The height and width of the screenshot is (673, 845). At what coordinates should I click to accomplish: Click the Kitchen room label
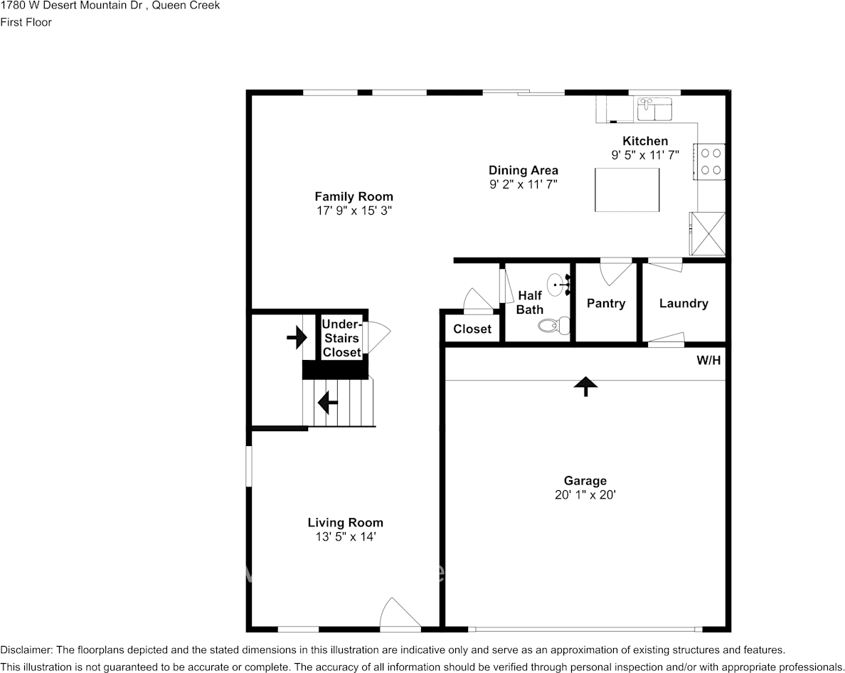point(645,141)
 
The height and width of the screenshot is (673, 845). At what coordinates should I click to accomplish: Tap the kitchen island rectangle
point(627,189)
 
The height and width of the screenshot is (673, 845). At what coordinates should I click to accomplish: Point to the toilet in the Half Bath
point(553,326)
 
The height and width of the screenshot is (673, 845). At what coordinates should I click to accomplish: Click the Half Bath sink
point(558,283)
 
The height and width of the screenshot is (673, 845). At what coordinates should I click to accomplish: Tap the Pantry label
point(605,303)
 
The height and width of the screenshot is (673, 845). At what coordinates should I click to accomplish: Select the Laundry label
point(684,303)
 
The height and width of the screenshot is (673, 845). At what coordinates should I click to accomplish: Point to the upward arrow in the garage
point(585,386)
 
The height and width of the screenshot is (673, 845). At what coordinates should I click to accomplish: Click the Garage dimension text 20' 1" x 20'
point(585,494)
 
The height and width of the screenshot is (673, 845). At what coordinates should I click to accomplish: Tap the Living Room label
point(345,523)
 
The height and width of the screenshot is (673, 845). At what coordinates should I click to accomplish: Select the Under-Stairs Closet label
point(342,338)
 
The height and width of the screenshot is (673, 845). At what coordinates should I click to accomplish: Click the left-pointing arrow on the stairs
point(327,403)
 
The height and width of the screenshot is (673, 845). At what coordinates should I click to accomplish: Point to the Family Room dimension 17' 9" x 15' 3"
point(354,211)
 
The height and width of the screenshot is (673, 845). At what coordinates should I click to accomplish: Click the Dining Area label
point(523,170)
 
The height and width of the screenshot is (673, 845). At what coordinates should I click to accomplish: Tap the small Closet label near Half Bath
point(472,329)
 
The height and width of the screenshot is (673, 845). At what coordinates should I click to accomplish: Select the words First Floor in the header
point(26,22)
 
